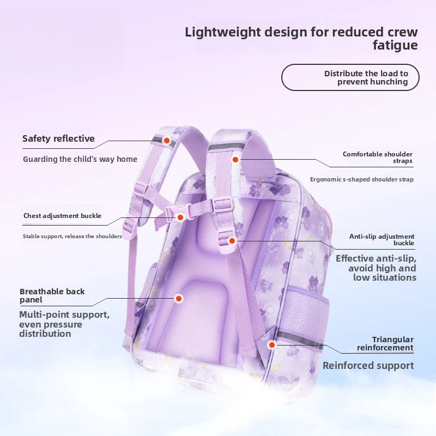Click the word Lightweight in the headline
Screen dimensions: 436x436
pos(223,33)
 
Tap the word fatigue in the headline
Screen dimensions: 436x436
pos(395,45)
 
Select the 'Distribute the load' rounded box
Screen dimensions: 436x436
pos(350,77)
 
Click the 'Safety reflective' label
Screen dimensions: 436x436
pos(58,138)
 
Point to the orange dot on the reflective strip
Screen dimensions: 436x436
pos(167,141)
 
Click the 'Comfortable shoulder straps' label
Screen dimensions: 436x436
pos(377,158)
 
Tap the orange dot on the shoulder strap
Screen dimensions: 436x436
pos(235,160)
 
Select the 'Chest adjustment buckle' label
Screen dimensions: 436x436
pos(62,216)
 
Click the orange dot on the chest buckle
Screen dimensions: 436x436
pos(180,217)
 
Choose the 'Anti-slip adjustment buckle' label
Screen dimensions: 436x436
pos(382,239)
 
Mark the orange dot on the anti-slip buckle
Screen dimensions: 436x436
pos(232,241)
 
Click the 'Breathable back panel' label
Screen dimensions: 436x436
pos(52,295)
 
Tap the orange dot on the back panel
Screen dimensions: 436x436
pos(179,299)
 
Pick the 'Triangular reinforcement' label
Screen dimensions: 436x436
pos(385,343)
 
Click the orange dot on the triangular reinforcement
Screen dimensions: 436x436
pos(271,345)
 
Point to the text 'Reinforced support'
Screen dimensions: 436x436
pos(368,366)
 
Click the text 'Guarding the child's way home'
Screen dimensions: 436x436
pos(80,159)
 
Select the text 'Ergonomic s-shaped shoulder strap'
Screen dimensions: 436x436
pos(362,179)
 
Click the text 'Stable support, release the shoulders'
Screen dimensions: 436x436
pos(72,237)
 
